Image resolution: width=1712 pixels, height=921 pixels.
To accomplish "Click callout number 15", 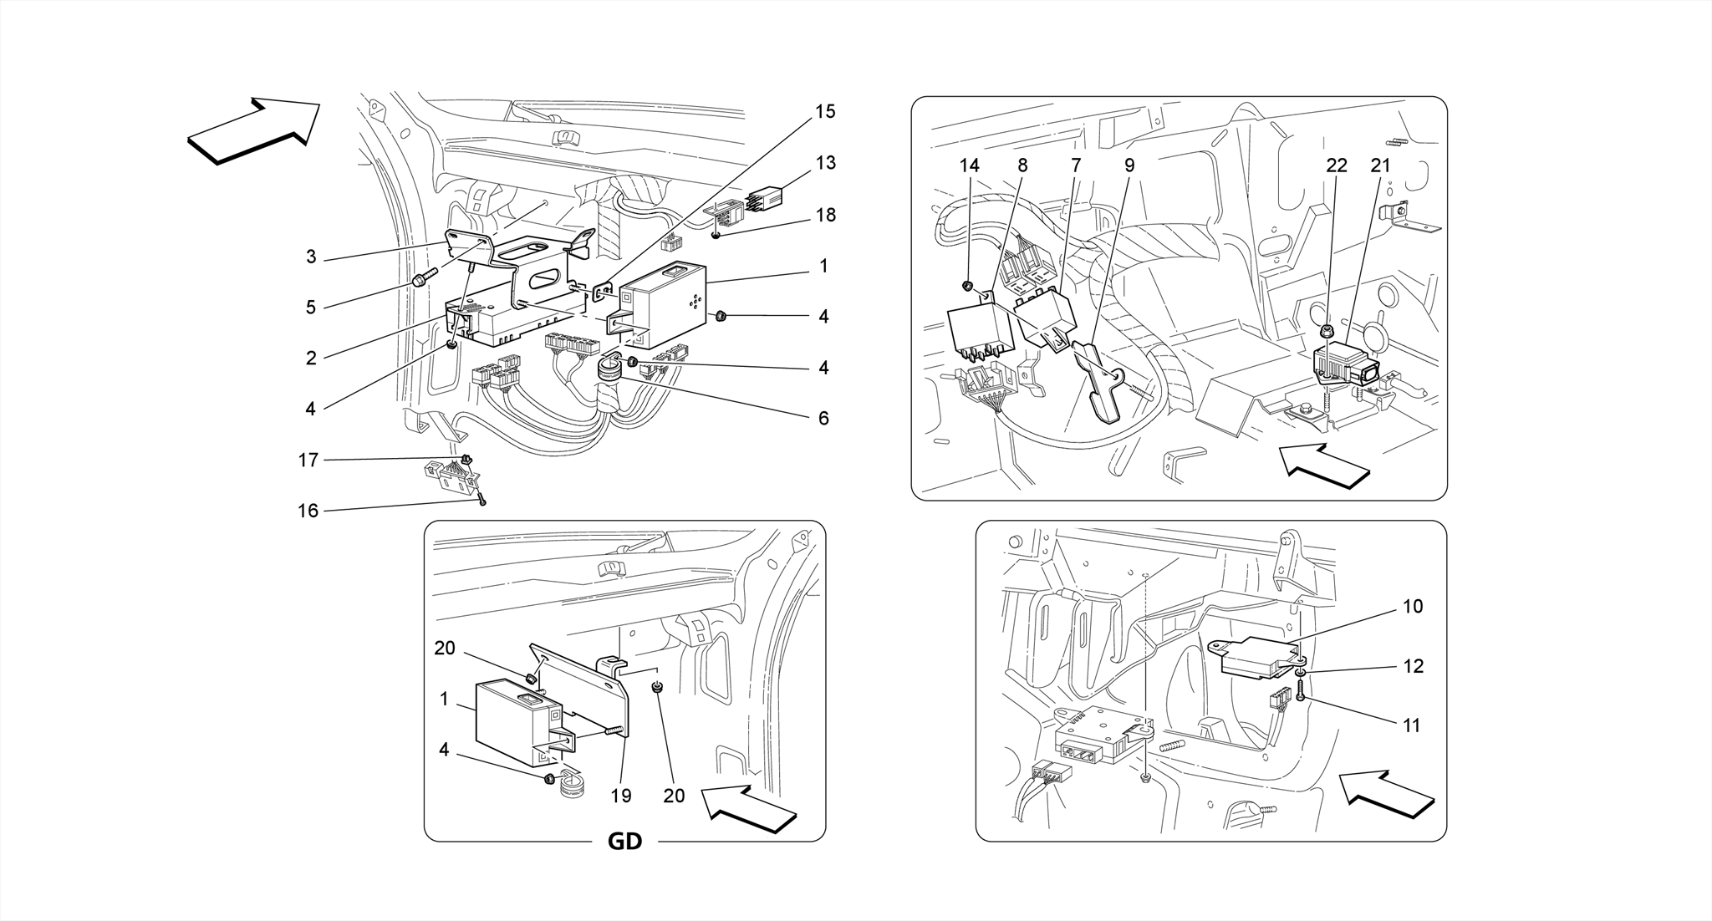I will (824, 112).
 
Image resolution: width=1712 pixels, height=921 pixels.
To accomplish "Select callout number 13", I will (825, 163).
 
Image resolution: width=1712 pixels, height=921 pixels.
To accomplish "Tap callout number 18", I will (825, 216).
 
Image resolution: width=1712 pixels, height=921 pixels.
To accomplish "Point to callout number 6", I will (823, 418).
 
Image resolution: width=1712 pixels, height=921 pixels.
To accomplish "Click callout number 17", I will (308, 460).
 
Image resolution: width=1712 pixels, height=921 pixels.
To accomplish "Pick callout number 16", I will (308, 511).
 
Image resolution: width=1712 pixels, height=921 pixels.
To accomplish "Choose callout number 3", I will (311, 257).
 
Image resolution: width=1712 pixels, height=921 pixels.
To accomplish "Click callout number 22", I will (1336, 165).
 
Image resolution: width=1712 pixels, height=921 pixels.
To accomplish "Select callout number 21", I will (1379, 165).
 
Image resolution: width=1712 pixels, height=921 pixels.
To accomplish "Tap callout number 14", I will (969, 165).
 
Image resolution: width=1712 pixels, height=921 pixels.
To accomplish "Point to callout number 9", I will (1129, 165).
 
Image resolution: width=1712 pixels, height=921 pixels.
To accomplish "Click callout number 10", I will (1412, 607).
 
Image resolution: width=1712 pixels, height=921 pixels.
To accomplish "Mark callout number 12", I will (1412, 666).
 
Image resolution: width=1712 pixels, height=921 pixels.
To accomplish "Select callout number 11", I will (1411, 725).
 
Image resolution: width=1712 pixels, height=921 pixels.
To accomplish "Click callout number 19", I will (620, 796).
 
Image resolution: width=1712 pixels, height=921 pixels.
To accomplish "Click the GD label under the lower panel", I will (624, 841).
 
